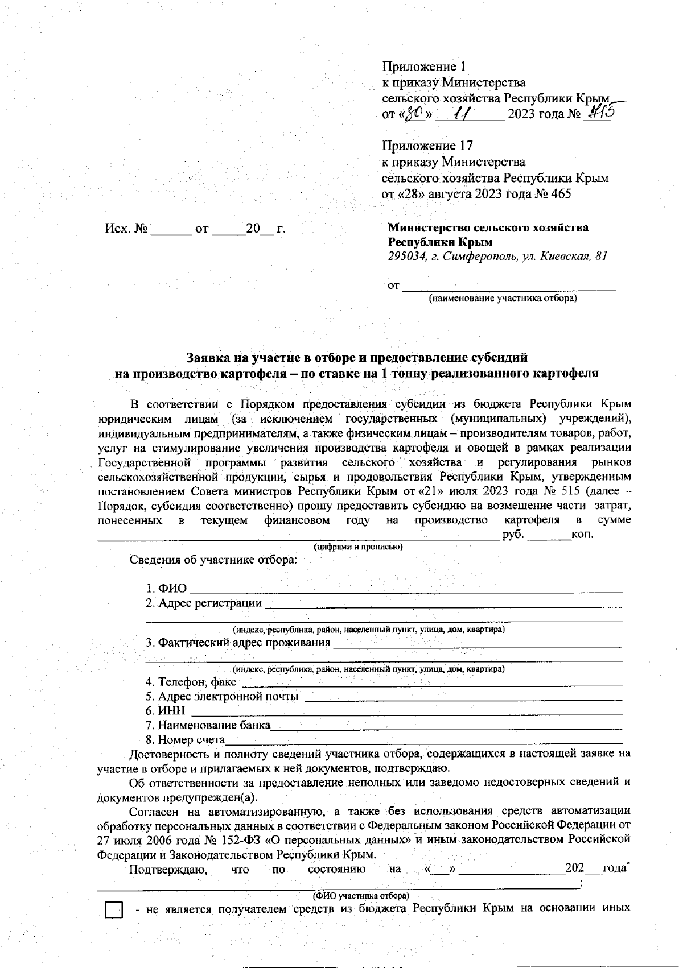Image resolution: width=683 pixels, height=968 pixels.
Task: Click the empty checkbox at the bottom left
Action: pyautogui.click(x=114, y=911)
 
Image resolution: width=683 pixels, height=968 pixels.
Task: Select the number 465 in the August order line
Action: pyautogui.click(x=561, y=194)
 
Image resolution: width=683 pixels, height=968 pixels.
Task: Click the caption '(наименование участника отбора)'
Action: pyautogui.click(x=503, y=298)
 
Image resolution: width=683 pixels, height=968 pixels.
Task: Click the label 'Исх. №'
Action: pyautogui.click(x=126, y=229)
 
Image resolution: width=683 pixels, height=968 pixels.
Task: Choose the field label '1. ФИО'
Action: pyautogui.click(x=166, y=588)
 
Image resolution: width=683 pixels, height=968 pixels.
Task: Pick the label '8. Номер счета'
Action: pyautogui.click(x=186, y=740)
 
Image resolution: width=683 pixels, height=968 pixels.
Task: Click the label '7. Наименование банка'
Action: pyautogui.click(x=208, y=725)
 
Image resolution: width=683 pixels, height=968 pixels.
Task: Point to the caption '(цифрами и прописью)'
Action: pyautogui.click(x=359, y=547)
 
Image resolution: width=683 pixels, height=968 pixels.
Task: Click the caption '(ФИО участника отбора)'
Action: pyautogui.click(x=359, y=895)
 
